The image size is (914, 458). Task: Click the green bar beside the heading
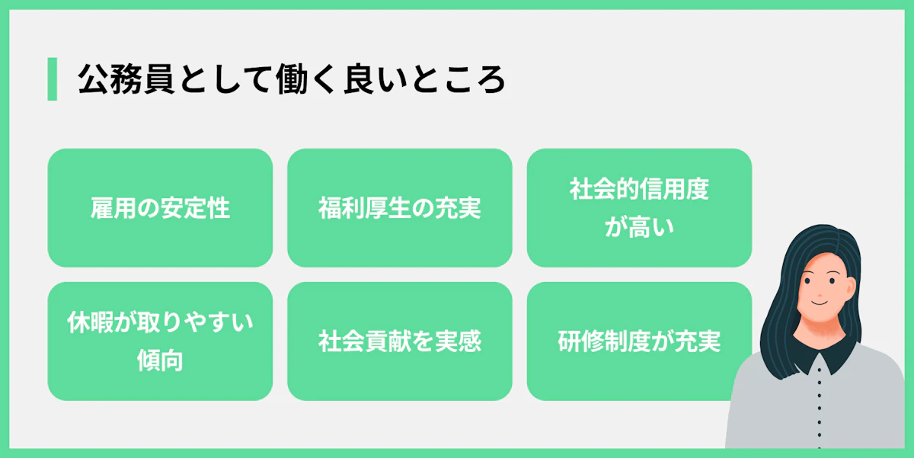[52, 78]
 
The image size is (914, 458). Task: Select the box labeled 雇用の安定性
[160, 208]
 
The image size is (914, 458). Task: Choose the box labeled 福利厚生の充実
[399, 208]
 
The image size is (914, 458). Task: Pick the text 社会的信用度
[639, 189]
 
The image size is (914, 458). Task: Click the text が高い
[639, 227]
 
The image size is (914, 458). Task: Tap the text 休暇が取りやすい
[160, 323]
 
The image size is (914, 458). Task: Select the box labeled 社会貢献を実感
[399, 341]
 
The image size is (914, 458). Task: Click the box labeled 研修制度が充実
[639, 341]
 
